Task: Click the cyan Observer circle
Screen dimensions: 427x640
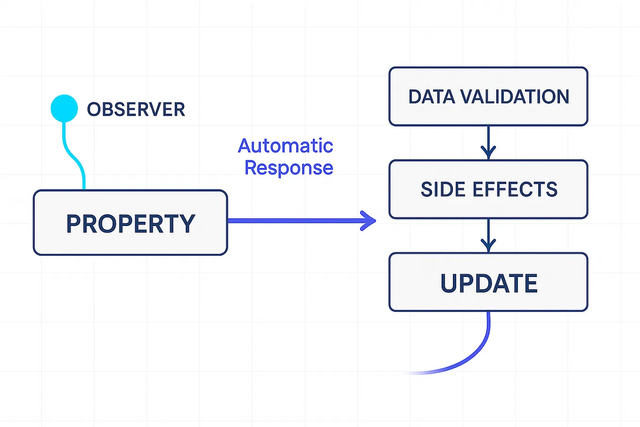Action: coord(64,109)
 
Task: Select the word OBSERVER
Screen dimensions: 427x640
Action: coord(136,109)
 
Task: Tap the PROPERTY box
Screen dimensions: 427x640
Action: coord(130,223)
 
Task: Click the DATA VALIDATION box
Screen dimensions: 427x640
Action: coord(488,97)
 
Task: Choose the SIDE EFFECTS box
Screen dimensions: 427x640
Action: coord(488,189)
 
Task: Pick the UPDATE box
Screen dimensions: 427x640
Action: coord(488,283)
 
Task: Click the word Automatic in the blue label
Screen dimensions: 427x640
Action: coord(286,146)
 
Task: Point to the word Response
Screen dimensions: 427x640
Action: coord(289,167)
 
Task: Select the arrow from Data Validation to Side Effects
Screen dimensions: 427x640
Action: coord(488,142)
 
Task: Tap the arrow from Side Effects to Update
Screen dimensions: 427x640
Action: coord(488,235)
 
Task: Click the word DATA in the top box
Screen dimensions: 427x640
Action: coord(432,97)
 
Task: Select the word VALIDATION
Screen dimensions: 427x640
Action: coord(515,97)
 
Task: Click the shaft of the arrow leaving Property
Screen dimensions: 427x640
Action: coord(292,220)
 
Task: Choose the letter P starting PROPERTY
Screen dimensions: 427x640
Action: coord(75,224)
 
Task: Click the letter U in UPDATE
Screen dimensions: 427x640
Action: coord(451,283)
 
